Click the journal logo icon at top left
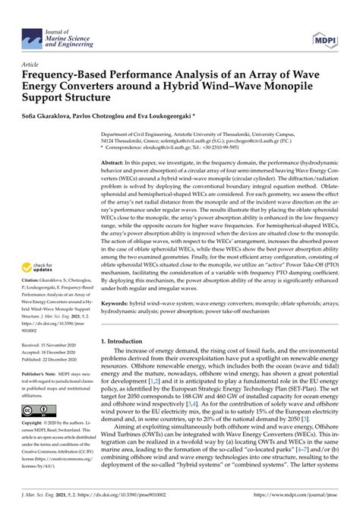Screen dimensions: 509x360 pos(33,36)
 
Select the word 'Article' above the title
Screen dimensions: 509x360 pos(31,65)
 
